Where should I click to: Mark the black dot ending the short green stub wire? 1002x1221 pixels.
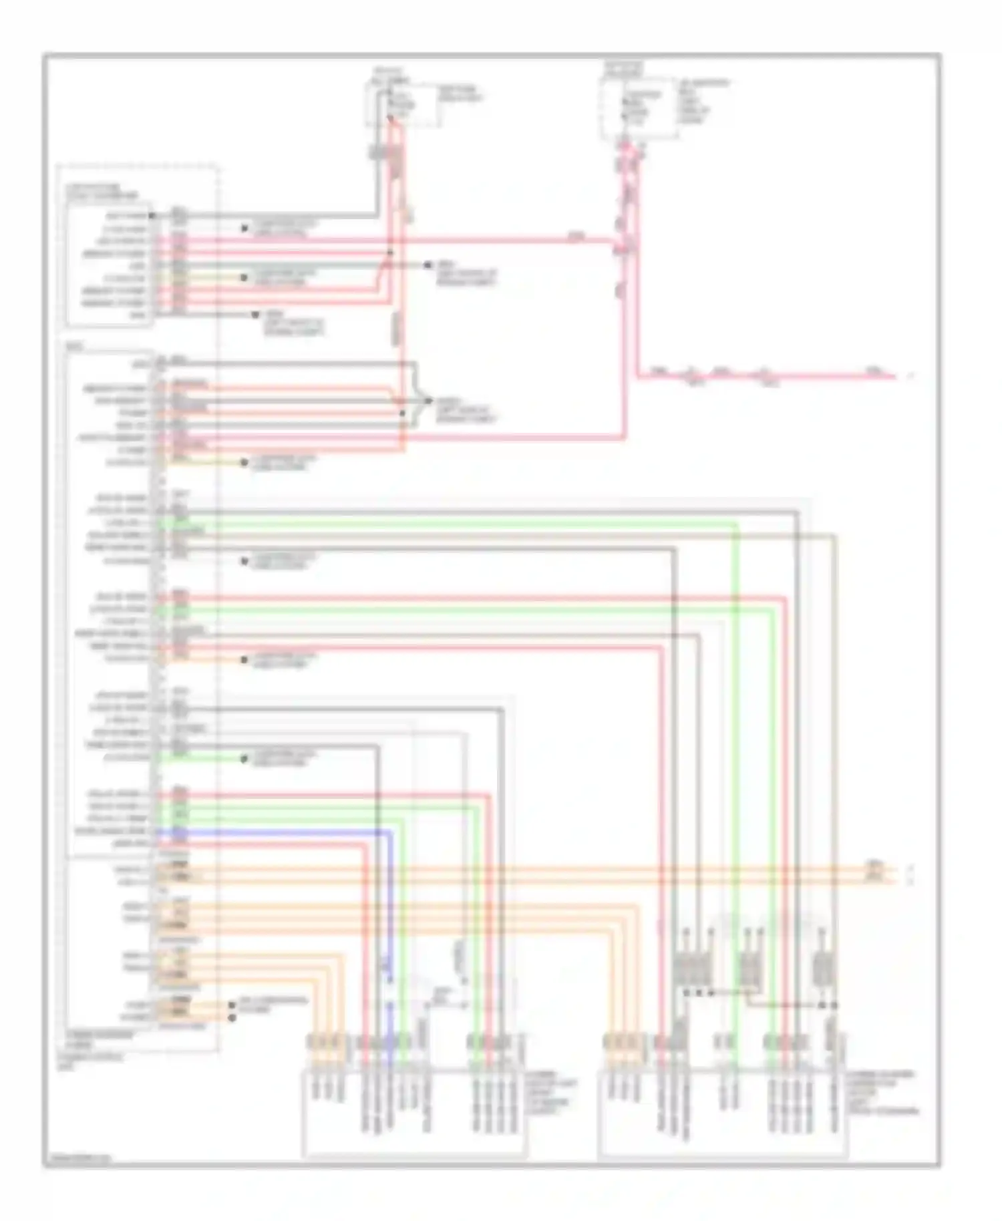tap(244, 758)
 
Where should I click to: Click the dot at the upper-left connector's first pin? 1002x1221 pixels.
tap(152, 216)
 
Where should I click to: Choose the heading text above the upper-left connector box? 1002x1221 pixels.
tap(102, 192)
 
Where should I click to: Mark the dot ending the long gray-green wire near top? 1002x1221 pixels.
tap(428, 265)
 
